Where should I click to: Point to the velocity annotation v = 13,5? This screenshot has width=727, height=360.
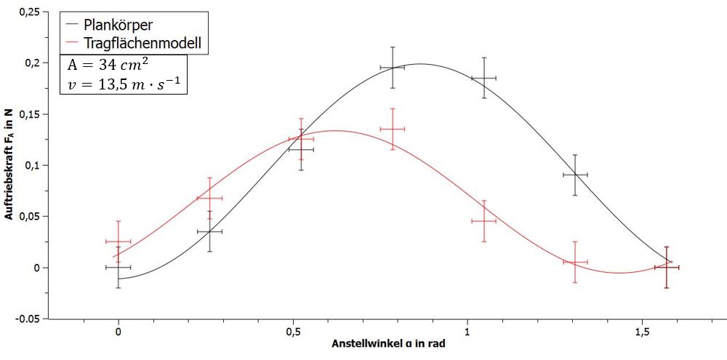point(122,86)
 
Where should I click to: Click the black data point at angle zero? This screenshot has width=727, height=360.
point(119,268)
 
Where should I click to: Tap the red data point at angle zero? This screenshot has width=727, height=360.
point(119,241)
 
